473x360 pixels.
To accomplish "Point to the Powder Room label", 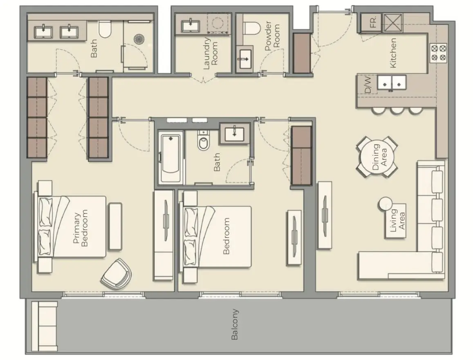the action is [272, 35].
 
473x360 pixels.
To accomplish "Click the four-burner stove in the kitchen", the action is [438, 52].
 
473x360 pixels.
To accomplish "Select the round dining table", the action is [377, 157].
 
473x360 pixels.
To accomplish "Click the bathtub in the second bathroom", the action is [170, 157].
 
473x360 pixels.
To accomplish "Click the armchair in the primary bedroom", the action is [117, 274].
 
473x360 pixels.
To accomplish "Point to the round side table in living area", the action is [386, 203].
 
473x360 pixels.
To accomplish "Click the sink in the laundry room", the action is [191, 26].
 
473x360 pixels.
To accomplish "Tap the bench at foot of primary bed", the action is [115, 226].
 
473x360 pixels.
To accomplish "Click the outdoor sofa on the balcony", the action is [44, 326].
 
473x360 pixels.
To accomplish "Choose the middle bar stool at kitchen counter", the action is [397, 110].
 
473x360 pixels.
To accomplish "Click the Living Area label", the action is [397, 220].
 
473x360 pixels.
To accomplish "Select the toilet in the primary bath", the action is [105, 29].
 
